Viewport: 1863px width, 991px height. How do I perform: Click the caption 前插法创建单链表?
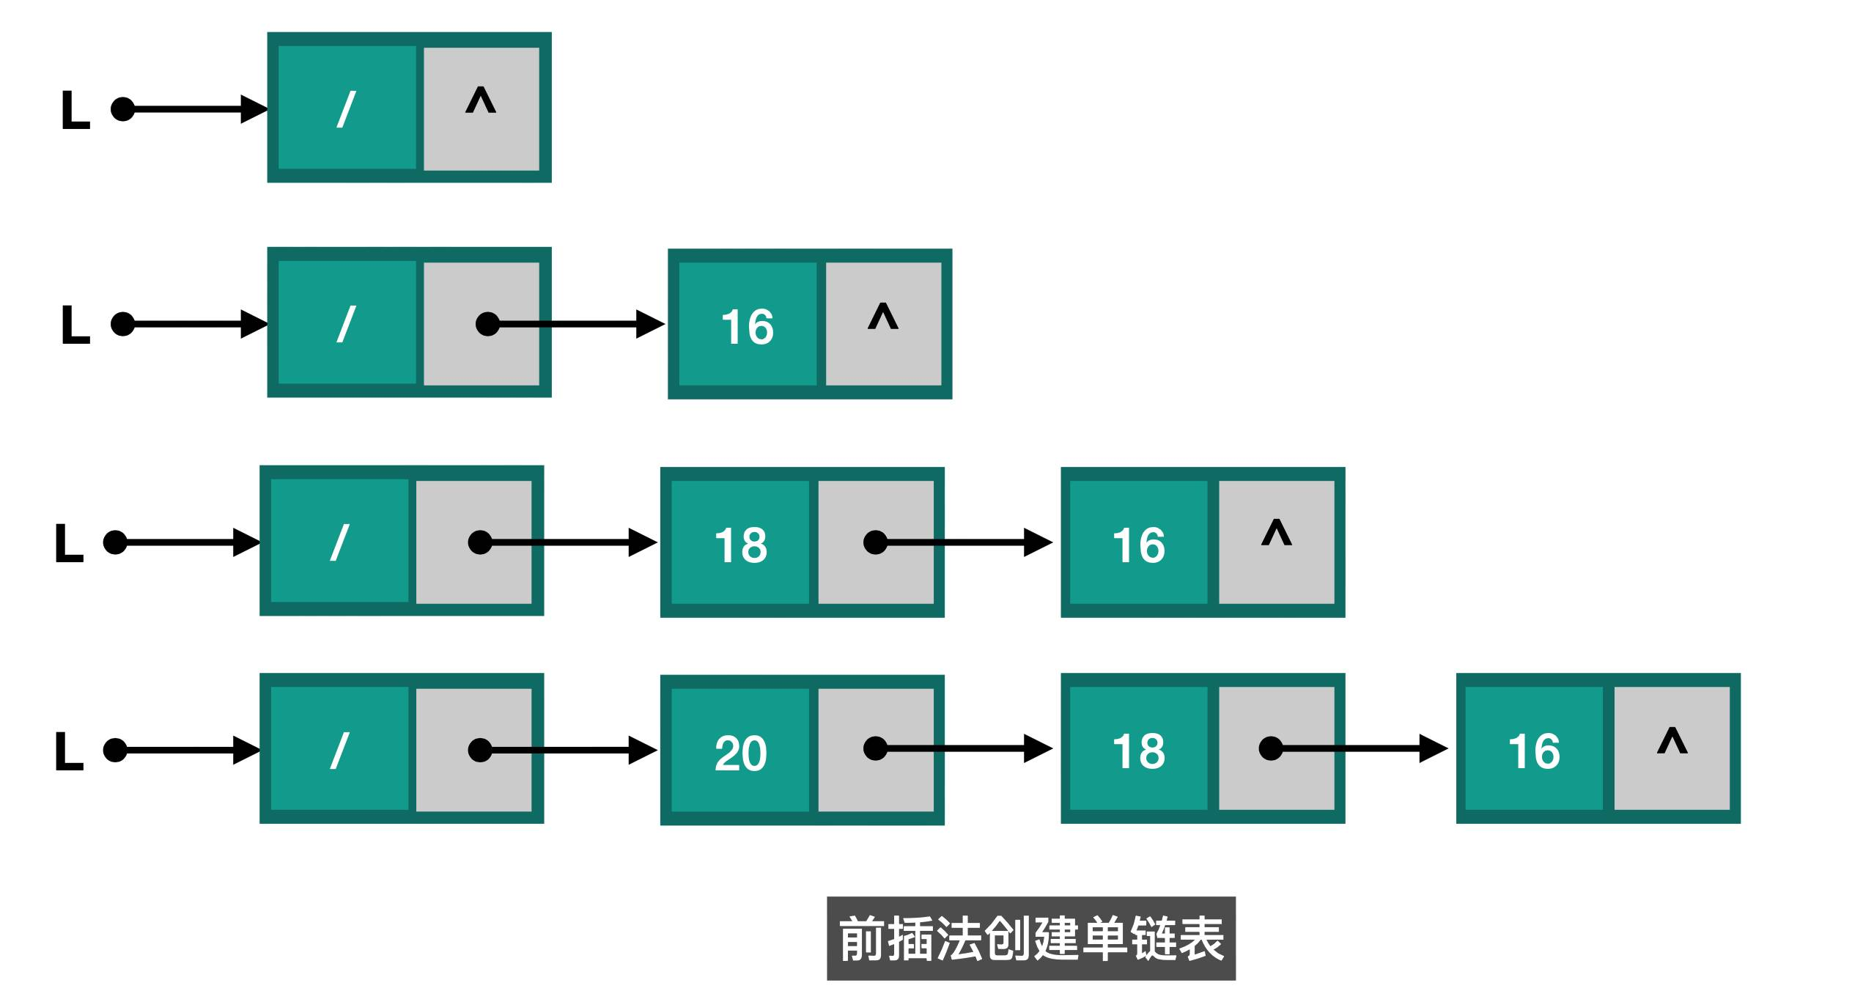[x=1030, y=938]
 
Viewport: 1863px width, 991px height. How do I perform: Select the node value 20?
[x=740, y=753]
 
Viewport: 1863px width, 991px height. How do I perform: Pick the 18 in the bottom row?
[x=1138, y=751]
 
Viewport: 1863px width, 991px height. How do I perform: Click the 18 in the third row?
[x=740, y=545]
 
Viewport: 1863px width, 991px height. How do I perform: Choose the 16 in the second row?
[x=747, y=327]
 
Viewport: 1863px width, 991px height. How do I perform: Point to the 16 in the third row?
[x=1138, y=545]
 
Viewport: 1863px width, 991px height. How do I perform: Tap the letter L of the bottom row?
[x=69, y=751]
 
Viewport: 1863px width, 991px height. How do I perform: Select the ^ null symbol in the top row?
[x=481, y=100]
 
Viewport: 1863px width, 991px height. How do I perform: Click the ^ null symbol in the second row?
[x=882, y=317]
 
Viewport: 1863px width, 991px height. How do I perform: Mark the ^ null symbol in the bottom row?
[x=1672, y=741]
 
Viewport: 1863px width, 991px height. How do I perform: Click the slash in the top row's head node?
[x=346, y=109]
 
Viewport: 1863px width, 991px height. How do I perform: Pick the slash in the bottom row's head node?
[x=339, y=751]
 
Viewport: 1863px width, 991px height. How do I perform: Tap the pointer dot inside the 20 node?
[x=875, y=748]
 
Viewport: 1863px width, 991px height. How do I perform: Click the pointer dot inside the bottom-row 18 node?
[x=1270, y=748]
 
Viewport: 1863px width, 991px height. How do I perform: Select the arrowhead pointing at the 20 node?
[x=643, y=750]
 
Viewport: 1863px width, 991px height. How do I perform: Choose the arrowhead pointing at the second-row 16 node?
[x=650, y=324]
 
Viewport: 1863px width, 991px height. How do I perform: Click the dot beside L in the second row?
[x=122, y=324]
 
